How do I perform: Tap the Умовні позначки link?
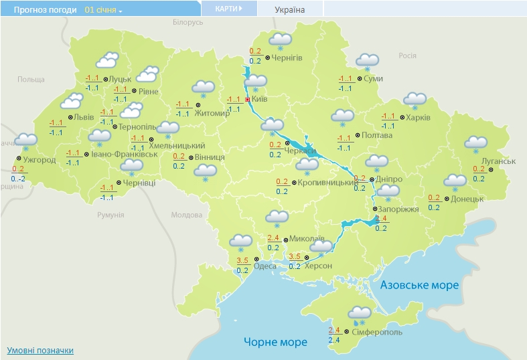40,351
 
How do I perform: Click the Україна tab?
289,10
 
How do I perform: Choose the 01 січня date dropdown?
103,11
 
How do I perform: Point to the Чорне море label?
275,342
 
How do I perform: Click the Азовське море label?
419,285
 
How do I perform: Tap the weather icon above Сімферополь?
360,313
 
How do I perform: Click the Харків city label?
418,118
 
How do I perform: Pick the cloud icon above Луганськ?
476,144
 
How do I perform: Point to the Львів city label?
84,117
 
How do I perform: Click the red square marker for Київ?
247,99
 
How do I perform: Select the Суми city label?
374,79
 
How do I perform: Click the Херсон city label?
317,266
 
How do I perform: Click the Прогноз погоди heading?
41,11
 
